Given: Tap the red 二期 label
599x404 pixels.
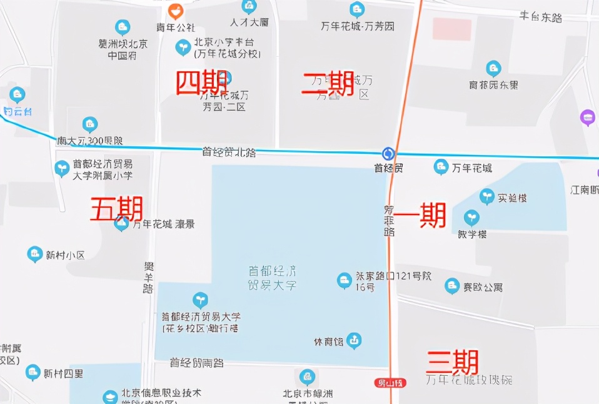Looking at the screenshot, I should point(328,83).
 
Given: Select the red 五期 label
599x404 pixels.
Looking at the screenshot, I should point(117,209).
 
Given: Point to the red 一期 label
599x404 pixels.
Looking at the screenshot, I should point(420,216).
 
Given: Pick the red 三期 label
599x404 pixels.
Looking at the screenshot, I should point(452,362).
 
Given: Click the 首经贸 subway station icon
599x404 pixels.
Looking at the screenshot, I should point(388,154).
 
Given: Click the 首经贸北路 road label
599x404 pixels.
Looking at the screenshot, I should point(229,151).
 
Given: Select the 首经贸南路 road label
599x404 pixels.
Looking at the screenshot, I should point(196,363).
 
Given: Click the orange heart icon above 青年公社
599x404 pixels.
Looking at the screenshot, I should point(176,11).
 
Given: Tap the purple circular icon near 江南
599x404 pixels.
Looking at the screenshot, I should point(587,118).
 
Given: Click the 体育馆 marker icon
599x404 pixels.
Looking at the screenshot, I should point(355,341).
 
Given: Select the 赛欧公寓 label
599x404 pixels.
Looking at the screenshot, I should point(482,288).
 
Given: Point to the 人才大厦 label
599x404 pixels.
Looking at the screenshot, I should point(249,23).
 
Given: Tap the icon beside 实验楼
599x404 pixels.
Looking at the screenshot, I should point(486,197).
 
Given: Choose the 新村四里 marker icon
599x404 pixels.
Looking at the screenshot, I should point(33,373).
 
